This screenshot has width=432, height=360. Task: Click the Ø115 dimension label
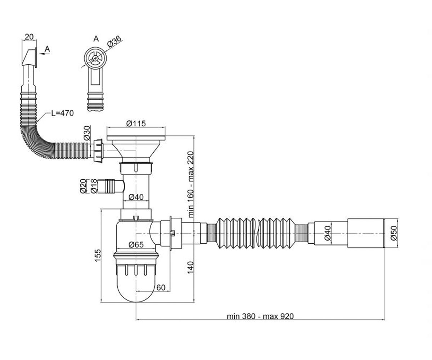(x=136, y=123)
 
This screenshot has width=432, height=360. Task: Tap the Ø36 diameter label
(x=114, y=42)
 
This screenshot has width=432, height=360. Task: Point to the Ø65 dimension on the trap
(x=136, y=245)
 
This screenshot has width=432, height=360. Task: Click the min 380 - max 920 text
(x=260, y=316)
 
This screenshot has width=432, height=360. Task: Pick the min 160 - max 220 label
(x=190, y=184)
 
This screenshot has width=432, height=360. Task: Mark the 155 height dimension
(x=98, y=256)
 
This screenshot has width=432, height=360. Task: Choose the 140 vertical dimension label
(x=190, y=268)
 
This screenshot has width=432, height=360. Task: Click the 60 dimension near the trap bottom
(x=161, y=288)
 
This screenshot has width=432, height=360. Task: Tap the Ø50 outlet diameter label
(x=394, y=233)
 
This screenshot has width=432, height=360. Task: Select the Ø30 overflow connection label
(x=87, y=133)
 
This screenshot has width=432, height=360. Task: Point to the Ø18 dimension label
(x=94, y=186)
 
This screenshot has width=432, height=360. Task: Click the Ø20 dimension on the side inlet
(x=83, y=186)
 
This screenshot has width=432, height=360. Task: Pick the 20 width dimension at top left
(x=29, y=37)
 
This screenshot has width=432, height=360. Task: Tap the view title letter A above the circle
(x=96, y=39)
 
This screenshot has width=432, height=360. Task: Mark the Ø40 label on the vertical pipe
(x=136, y=197)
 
